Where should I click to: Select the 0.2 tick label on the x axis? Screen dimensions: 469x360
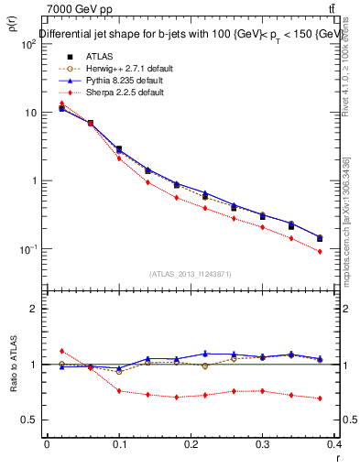click(x=191, y=443)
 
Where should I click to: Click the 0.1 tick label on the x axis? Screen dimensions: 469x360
click(x=119, y=443)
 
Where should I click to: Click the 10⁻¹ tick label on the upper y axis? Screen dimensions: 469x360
click(x=27, y=249)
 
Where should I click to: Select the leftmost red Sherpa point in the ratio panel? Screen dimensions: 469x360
click(x=61, y=351)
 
